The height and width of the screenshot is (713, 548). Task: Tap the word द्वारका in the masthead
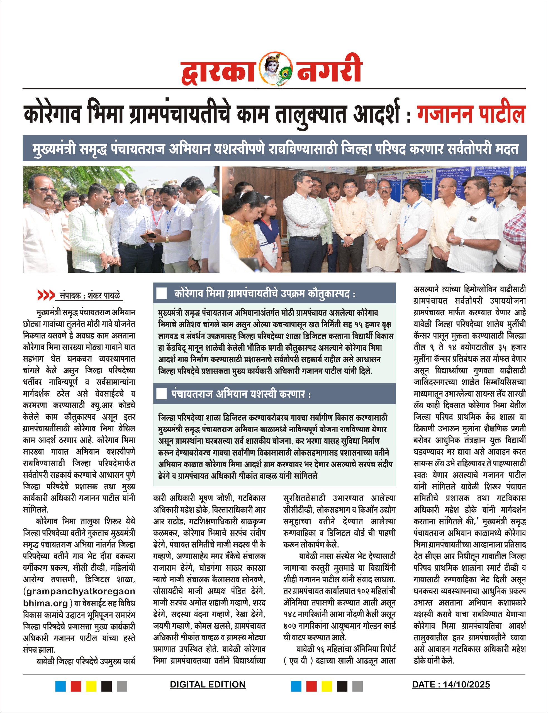pyautogui.click(x=218, y=70)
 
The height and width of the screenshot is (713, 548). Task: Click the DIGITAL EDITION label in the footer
pyautogui.click(x=208, y=684)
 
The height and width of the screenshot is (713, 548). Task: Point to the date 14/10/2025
pyautogui.click(x=466, y=684)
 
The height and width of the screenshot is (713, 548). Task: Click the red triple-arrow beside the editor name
pyautogui.click(x=46, y=295)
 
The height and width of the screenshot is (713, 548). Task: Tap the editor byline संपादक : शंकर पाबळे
pyautogui.click(x=90, y=296)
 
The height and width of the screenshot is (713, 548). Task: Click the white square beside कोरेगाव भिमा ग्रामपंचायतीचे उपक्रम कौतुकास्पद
pyautogui.click(x=162, y=293)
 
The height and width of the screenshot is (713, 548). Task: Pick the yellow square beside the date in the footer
pyautogui.click(x=327, y=686)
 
